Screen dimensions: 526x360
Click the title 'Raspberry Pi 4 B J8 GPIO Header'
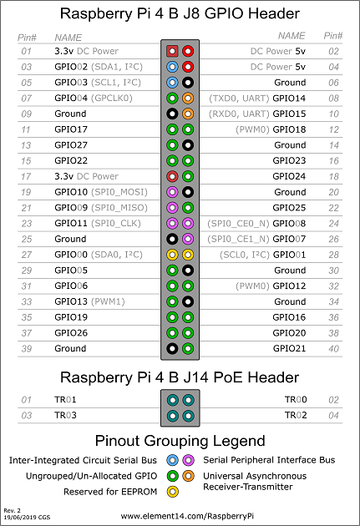point(180,14)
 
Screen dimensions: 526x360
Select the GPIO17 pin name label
point(71,129)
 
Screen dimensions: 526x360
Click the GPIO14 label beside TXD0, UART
point(289,98)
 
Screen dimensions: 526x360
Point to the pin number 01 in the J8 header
point(27,51)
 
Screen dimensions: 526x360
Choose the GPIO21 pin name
point(289,348)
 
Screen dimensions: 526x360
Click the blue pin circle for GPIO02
point(172,67)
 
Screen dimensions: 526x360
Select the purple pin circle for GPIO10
point(172,192)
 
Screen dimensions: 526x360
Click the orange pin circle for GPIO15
point(188,114)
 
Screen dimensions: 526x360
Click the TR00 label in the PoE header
point(295,400)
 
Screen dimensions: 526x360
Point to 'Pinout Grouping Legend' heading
point(180,441)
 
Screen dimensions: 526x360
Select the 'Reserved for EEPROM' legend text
point(109,492)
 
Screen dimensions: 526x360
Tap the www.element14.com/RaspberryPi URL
point(180,516)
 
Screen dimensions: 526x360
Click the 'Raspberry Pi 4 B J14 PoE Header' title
point(180,377)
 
